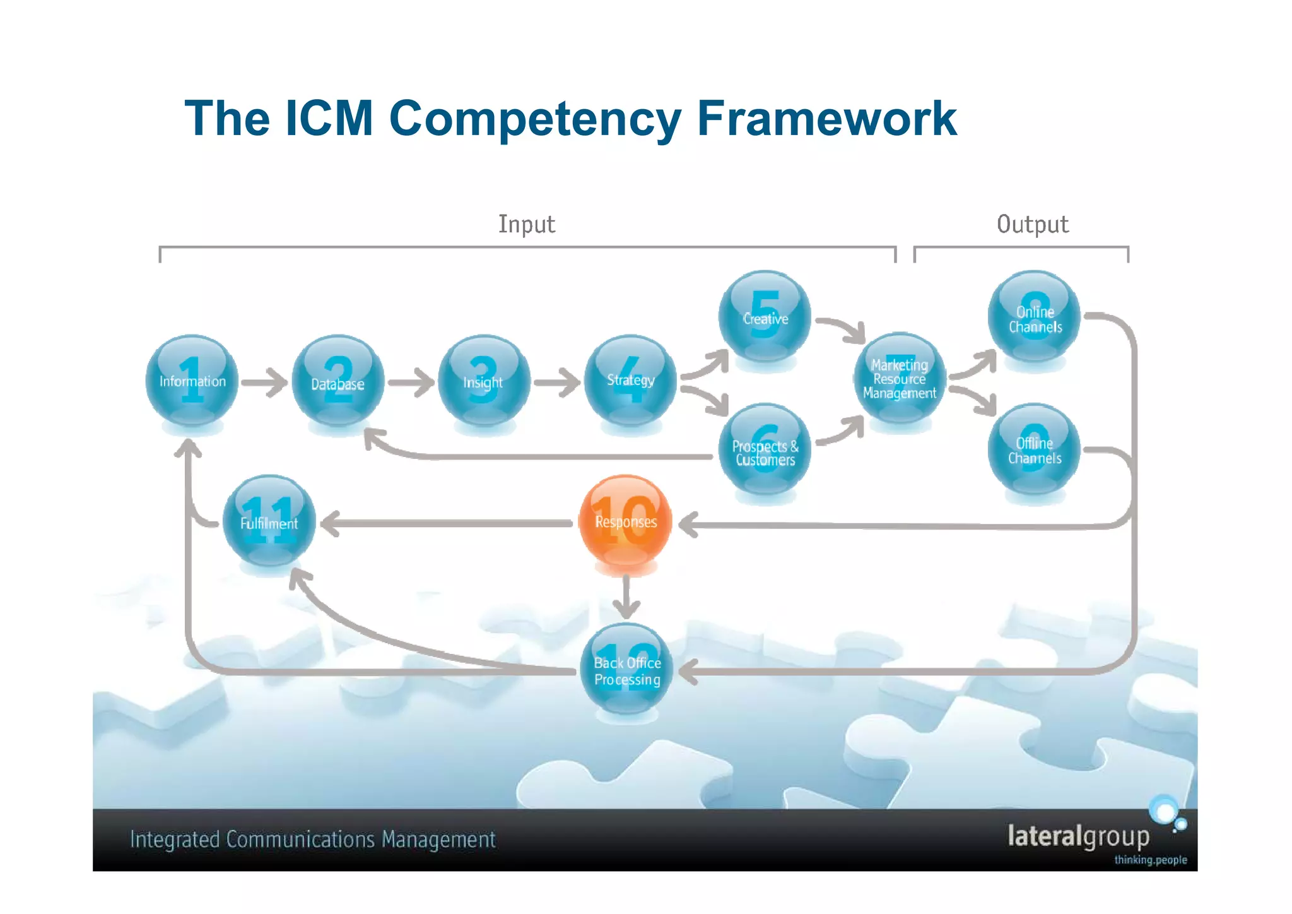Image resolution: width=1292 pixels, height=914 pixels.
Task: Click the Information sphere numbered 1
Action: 192,381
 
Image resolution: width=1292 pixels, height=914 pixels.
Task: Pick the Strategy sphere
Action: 630,381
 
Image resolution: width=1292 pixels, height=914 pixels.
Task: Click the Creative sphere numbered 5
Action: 765,317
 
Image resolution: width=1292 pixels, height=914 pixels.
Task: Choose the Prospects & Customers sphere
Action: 765,449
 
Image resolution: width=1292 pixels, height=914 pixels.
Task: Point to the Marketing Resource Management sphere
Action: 900,379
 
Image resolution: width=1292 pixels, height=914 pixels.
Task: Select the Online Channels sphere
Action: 1034,317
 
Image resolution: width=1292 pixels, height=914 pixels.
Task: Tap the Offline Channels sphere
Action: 1034,449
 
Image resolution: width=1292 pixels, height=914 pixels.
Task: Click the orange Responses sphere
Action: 625,521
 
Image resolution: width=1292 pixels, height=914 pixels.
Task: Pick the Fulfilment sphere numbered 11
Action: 269,521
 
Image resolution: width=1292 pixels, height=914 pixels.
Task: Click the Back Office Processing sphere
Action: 626,669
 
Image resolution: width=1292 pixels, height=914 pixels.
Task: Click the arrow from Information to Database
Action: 265,382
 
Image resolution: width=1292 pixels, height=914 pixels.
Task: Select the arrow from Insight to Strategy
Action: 557,383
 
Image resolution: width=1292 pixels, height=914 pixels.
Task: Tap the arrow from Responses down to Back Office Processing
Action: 626,596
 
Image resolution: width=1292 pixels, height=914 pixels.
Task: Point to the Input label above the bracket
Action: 527,224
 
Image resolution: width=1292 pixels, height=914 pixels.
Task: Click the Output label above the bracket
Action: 1033,224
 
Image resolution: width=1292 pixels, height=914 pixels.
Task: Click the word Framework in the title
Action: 826,118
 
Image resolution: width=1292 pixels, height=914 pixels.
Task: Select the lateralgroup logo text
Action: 1078,836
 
